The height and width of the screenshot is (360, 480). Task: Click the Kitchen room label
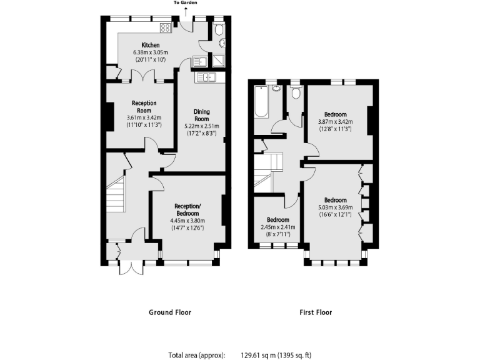150,45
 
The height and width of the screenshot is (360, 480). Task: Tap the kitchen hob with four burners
166,27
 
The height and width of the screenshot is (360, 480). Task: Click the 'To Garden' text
185,3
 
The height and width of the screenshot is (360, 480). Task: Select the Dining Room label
201,115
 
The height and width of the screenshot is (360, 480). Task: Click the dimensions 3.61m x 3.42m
144,117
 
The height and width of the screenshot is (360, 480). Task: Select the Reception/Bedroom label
187,209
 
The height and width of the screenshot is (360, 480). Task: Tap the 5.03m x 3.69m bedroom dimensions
336,207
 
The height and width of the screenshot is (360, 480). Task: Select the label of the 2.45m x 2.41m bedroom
278,220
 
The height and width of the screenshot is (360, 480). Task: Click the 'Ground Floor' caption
169,312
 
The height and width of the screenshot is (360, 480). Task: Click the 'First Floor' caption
316,312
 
